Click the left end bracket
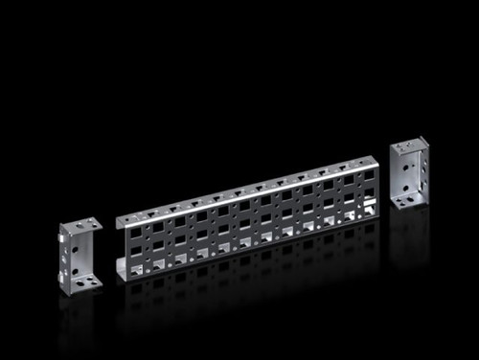point(79,257)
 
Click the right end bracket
point(408,173)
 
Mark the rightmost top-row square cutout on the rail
point(364,179)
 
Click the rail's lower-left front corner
point(120,279)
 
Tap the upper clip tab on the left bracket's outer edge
point(61,238)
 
